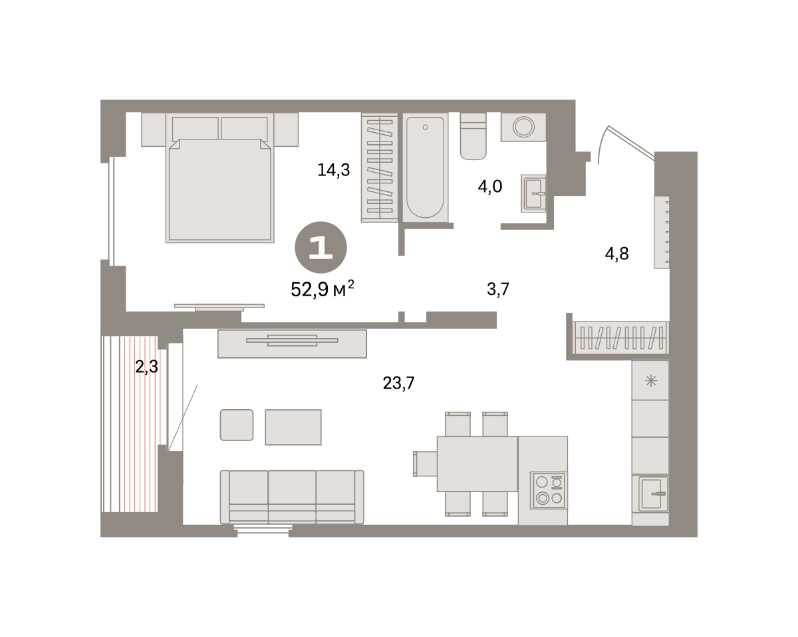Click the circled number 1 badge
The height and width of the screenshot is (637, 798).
tap(321, 247)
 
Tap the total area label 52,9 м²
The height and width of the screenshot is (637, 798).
tap(323, 289)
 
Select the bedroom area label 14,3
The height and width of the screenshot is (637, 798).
tap(333, 170)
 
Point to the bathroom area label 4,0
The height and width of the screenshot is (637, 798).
tap(490, 186)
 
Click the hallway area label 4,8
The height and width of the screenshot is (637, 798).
tap(616, 254)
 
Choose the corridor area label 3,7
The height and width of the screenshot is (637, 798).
tap(498, 289)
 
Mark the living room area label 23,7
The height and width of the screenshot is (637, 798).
tap(398, 383)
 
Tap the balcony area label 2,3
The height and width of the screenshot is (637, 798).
tap(146, 367)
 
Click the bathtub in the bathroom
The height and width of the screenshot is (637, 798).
tap(426, 167)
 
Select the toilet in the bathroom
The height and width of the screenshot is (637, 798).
tap(473, 136)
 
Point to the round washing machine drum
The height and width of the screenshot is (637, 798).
tap(523, 127)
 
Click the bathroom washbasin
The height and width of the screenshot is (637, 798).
tap(533, 193)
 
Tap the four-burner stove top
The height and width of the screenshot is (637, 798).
tap(549, 490)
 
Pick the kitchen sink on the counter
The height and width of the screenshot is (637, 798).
tap(653, 494)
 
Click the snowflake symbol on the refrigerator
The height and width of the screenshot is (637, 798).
tap(651, 381)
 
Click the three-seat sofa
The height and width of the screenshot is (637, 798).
tap(292, 497)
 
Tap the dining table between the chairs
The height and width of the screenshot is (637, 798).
tap(477, 464)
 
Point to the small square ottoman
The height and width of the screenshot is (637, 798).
tap(237, 425)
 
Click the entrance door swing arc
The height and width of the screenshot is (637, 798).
tap(602, 144)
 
